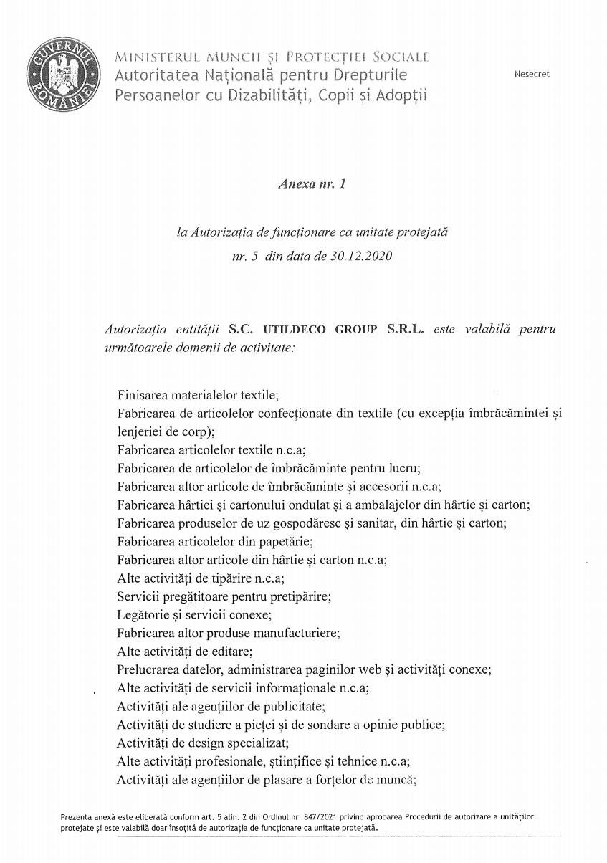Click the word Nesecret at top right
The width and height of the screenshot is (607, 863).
[x=532, y=75]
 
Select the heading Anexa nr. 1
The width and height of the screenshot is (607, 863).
[x=312, y=184]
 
